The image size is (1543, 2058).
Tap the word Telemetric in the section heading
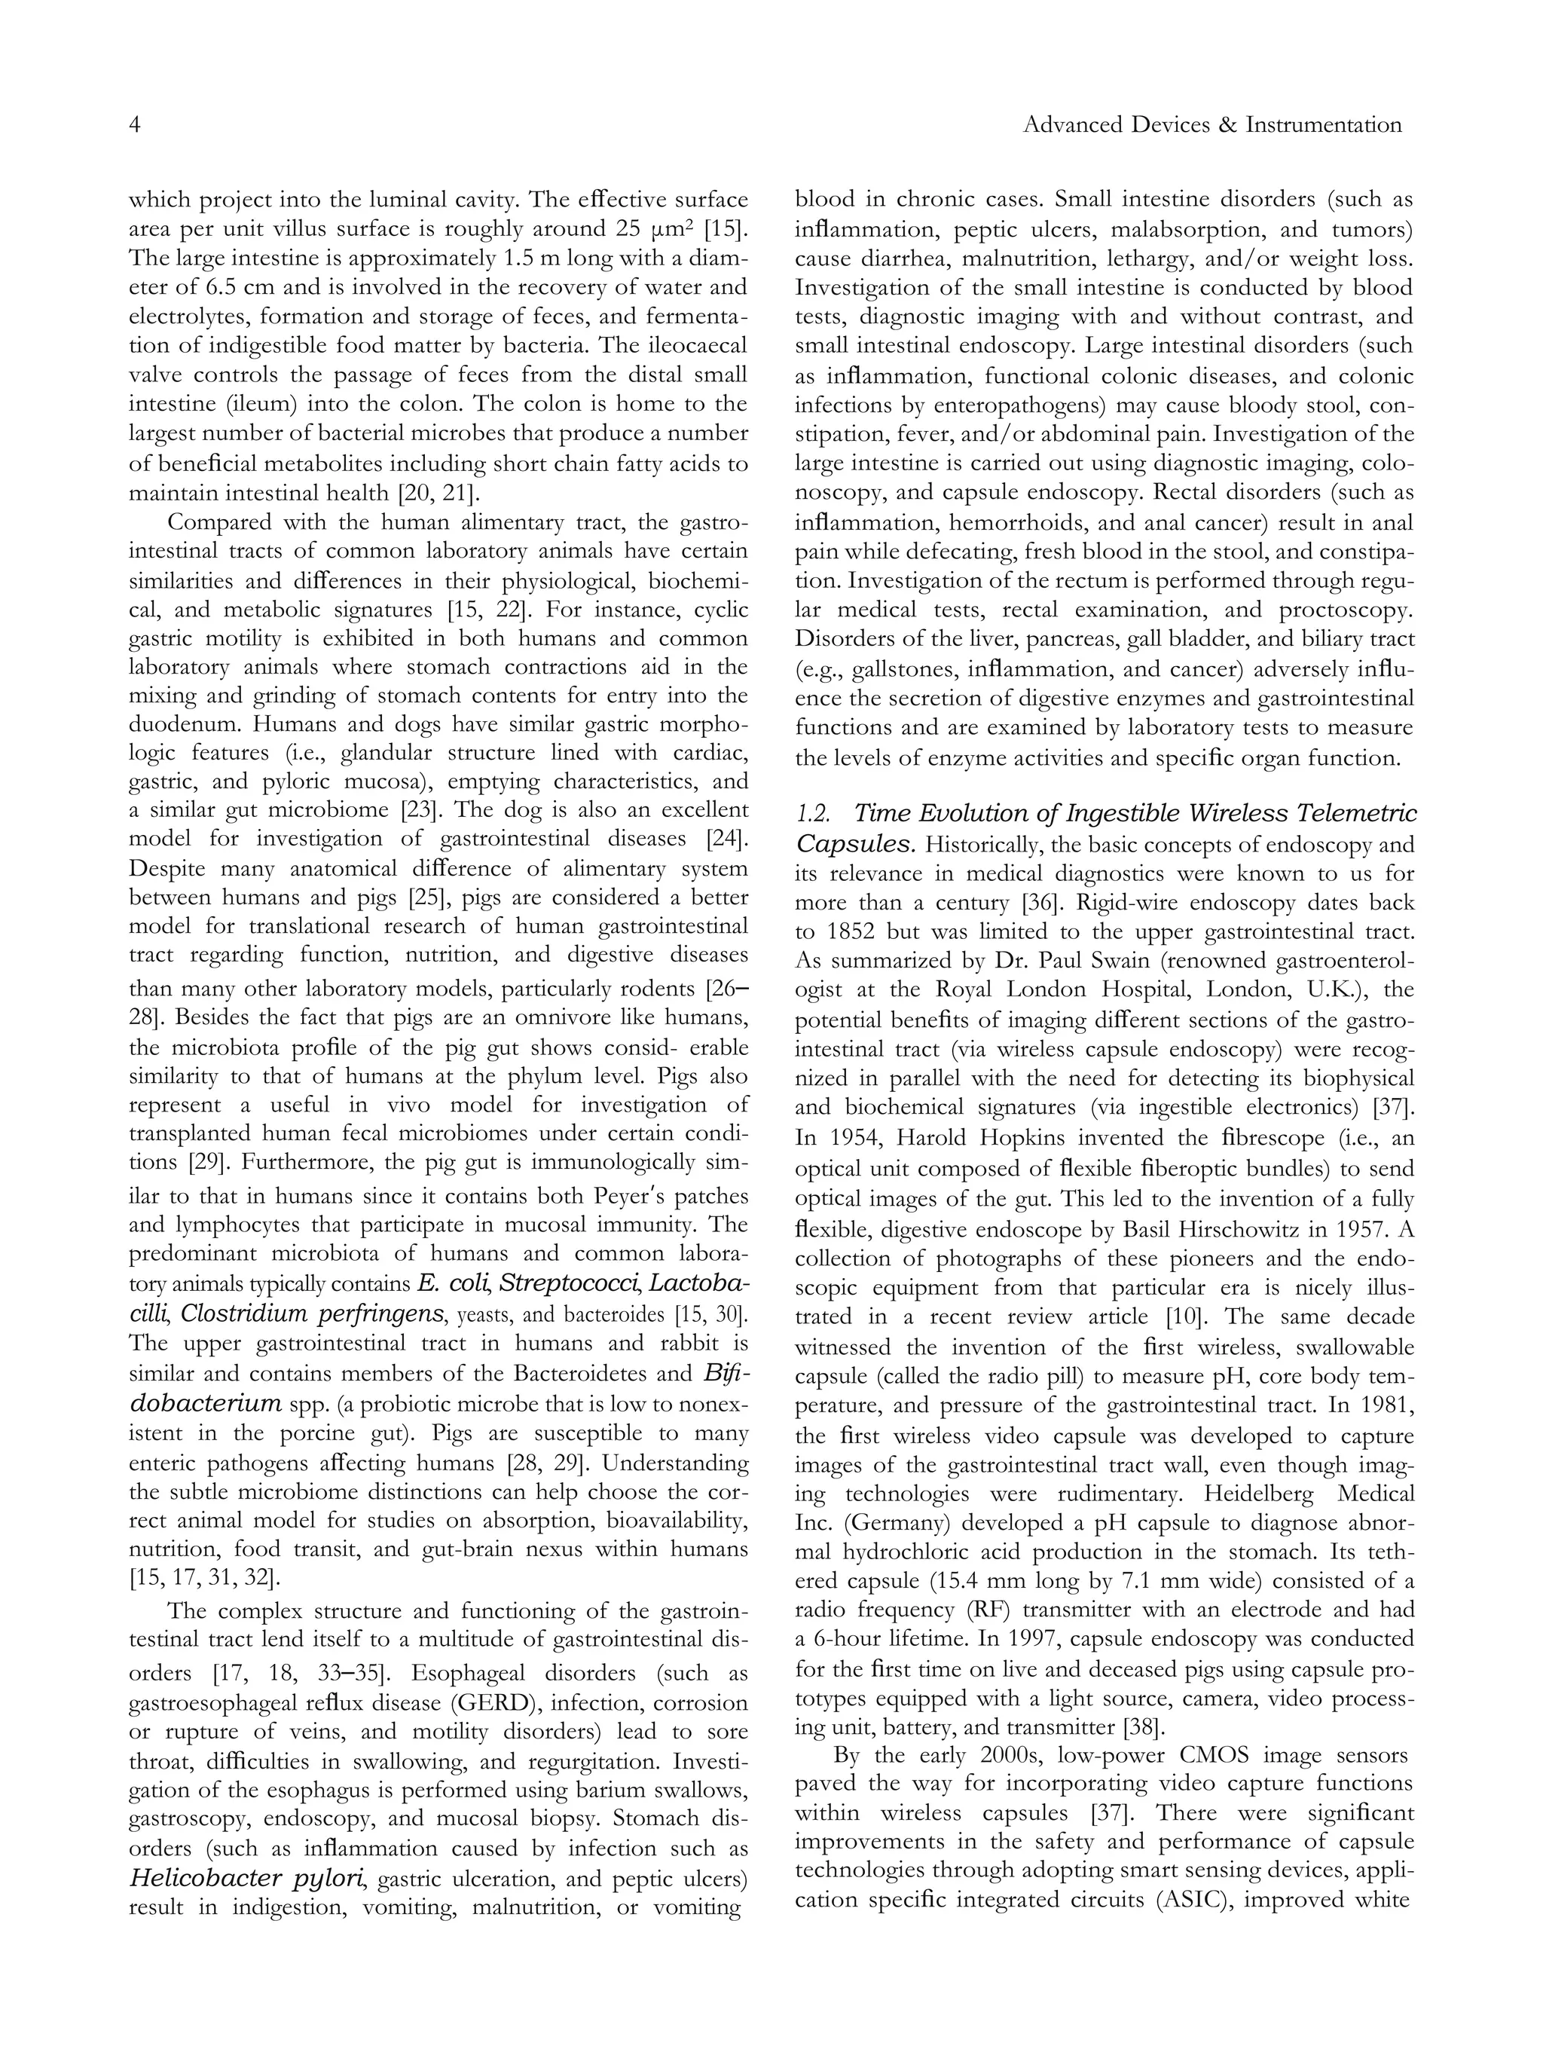[1368, 814]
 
